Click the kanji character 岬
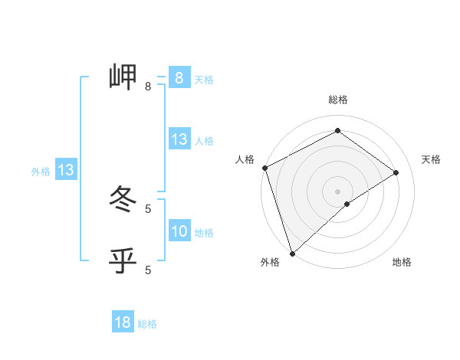click(x=123, y=77)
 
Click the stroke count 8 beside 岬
click(x=147, y=87)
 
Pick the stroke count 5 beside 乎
click(x=148, y=270)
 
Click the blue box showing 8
click(x=179, y=78)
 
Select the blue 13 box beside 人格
click(x=179, y=139)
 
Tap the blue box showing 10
click(x=179, y=231)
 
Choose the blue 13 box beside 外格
click(x=66, y=170)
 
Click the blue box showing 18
click(x=123, y=323)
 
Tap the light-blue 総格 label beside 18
click(x=147, y=324)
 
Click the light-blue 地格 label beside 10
click(x=204, y=233)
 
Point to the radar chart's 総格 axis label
click(x=337, y=100)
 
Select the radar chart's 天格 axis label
click(x=432, y=159)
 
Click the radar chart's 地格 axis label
click(x=402, y=262)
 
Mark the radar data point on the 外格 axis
click(x=292, y=252)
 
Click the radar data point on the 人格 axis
click(x=264, y=168)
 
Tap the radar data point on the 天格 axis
click(x=396, y=172)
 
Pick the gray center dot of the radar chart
click(x=337, y=191)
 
